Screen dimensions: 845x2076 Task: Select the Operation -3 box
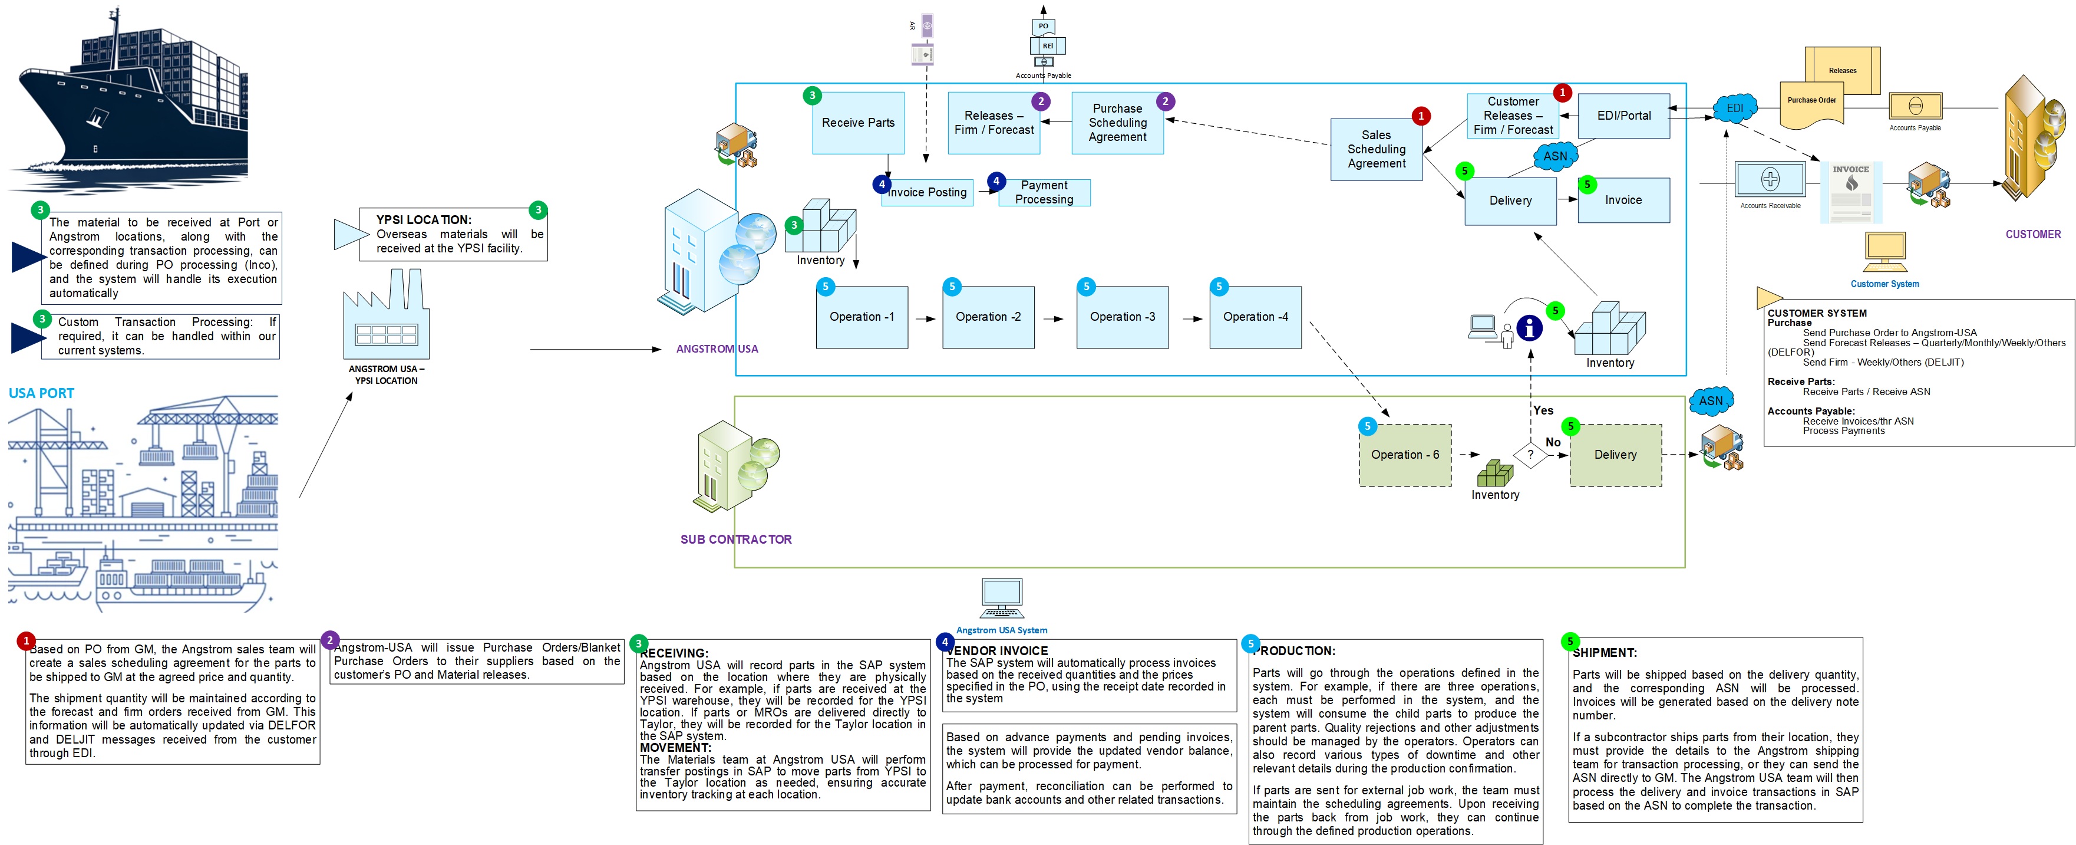pyautogui.click(x=1122, y=317)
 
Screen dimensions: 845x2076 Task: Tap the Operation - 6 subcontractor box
pyautogui.click(x=1405, y=455)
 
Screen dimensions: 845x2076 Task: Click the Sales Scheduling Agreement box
pyautogui.click(x=1376, y=149)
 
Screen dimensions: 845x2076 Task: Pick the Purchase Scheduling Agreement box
pyautogui.click(x=1117, y=123)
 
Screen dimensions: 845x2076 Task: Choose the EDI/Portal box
pyautogui.click(x=1623, y=116)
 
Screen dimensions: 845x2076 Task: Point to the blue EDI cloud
pyautogui.click(x=1734, y=108)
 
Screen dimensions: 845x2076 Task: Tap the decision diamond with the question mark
pyautogui.click(x=1530, y=455)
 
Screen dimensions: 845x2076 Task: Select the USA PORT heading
pyautogui.click(x=41, y=393)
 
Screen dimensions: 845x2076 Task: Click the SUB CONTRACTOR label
pyautogui.click(x=736, y=540)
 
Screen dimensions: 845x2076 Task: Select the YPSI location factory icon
pyautogui.click(x=386, y=318)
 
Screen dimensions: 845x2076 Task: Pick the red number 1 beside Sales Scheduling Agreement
pyautogui.click(x=1421, y=116)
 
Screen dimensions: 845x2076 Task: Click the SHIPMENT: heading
pyautogui.click(x=1604, y=652)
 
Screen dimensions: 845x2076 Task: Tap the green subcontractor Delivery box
pyautogui.click(x=1615, y=455)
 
